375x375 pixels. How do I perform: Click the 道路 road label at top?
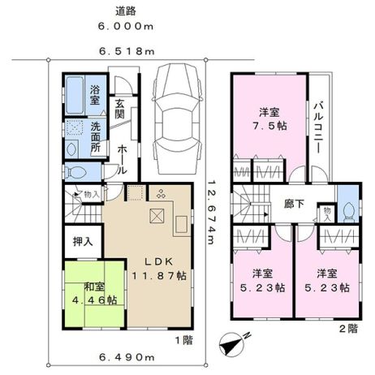pyautogui.click(x=126, y=11)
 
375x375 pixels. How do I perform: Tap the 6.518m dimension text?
pyautogui.click(x=127, y=51)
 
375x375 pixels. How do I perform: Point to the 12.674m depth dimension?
pyautogui.click(x=212, y=213)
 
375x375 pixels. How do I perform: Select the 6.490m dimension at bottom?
pyautogui.click(x=127, y=358)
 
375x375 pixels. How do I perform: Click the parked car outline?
pyautogui.click(x=177, y=119)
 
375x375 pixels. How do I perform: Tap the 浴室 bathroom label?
pyautogui.click(x=95, y=95)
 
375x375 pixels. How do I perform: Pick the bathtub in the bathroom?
pyautogui.click(x=75, y=95)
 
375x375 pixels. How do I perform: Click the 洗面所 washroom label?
pyautogui.click(x=96, y=137)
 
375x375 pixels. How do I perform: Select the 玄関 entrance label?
pyautogui.click(x=119, y=109)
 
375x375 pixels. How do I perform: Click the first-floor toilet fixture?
pyautogui.click(x=76, y=172)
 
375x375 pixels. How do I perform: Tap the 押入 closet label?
pyautogui.click(x=83, y=242)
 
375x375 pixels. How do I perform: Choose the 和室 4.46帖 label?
pyautogui.click(x=94, y=294)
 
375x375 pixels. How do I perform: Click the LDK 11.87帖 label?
pyautogui.click(x=159, y=269)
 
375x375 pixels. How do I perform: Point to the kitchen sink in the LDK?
pyautogui.click(x=181, y=224)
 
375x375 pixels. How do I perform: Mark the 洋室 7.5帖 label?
pyautogui.click(x=269, y=119)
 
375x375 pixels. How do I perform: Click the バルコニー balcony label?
pyautogui.click(x=319, y=127)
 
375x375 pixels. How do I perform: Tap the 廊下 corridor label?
pyautogui.click(x=295, y=204)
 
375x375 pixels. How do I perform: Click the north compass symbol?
pyautogui.click(x=232, y=344)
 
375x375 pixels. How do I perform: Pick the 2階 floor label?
pyautogui.click(x=349, y=329)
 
